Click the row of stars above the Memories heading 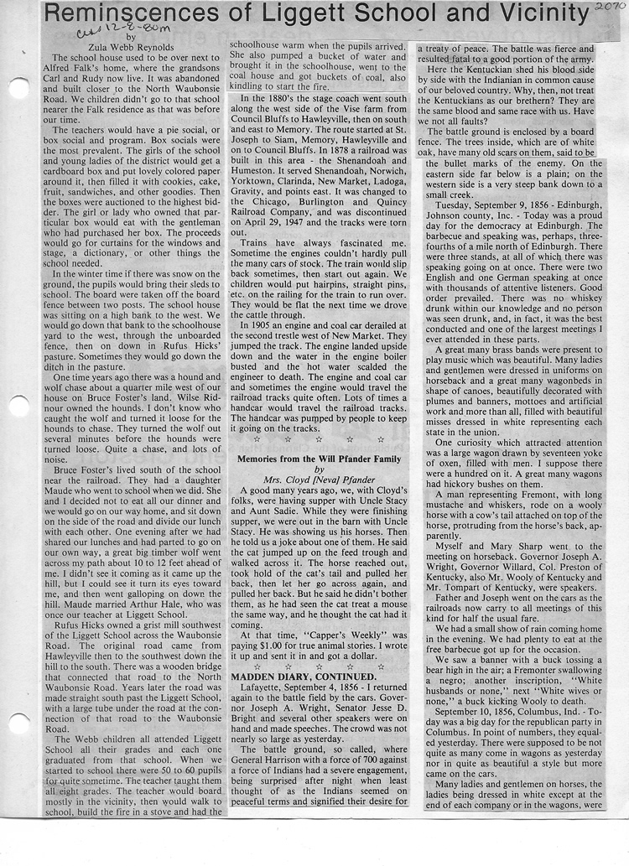[x=318, y=438]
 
